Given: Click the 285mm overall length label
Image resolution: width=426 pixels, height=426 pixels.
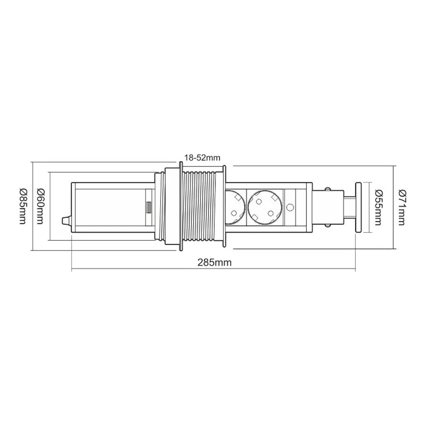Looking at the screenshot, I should [x=214, y=262].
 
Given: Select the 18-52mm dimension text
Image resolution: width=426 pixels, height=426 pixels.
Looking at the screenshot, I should [x=200, y=158].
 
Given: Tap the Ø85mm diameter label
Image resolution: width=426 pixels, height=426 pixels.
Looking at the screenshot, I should [x=23, y=206].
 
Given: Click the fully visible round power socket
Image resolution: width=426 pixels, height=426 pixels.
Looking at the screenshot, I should [x=265, y=207].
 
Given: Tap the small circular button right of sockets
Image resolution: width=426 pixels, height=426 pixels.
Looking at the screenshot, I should [x=291, y=207].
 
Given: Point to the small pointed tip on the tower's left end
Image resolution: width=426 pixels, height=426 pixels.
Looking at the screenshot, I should [x=66, y=221].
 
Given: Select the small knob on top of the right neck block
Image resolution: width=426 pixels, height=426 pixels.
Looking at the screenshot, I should [x=328, y=188].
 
